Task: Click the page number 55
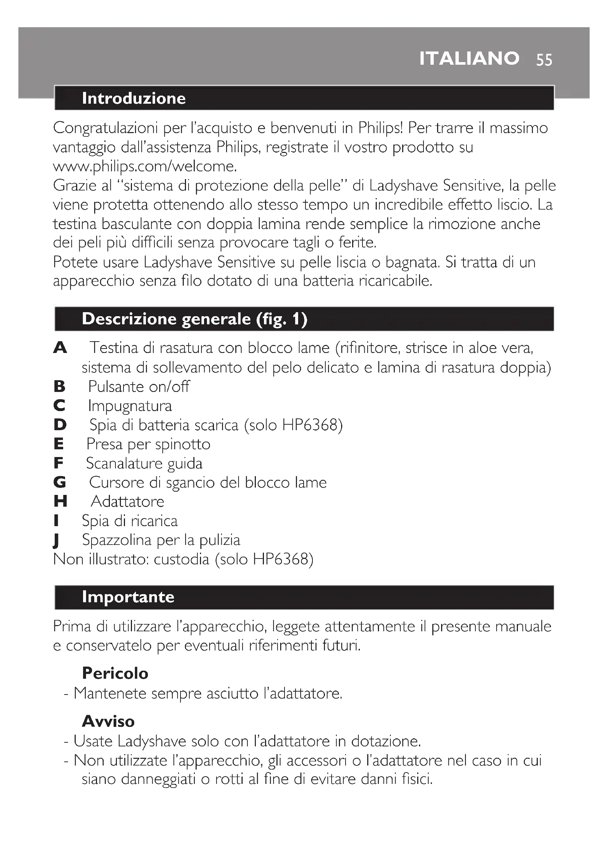tap(544, 60)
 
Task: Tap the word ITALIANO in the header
tap(469, 58)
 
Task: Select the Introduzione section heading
tap(134, 98)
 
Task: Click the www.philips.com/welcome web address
tap(145, 166)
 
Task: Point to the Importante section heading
tap(128, 597)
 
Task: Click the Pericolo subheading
tap(115, 673)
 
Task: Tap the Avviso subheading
tap(108, 721)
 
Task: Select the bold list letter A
tap(60, 348)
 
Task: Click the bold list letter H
tap(60, 501)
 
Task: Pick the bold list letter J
tap(57, 540)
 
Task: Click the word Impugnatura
tap(130, 406)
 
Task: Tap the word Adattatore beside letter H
tap(127, 502)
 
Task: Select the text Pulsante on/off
tap(139, 386)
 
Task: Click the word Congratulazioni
tap(105, 128)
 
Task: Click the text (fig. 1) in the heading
tap(282, 319)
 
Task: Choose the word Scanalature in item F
tap(124, 463)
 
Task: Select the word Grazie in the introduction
tap(74, 185)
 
